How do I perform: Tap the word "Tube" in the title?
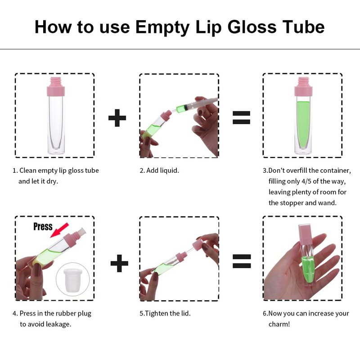[303, 27]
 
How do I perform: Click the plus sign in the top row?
[117, 118]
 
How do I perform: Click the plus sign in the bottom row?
[119, 263]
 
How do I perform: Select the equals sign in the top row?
[241, 117]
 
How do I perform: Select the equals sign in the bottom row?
[242, 261]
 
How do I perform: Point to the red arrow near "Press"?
[59, 230]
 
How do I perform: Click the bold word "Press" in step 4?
[43, 226]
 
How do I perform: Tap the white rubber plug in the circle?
[73, 280]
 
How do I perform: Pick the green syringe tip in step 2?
[181, 108]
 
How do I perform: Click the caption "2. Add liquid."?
[159, 171]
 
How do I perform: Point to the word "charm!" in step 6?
[279, 324]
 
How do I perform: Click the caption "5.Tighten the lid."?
[165, 313]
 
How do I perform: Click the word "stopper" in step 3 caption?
[292, 203]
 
